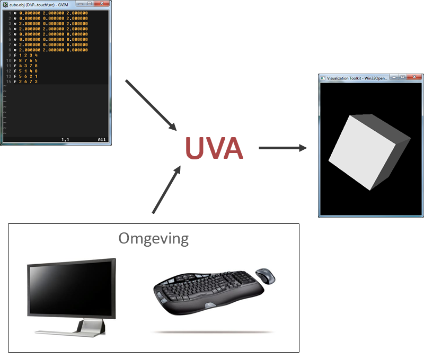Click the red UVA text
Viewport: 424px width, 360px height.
(x=214, y=148)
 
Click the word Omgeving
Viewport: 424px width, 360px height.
(x=153, y=238)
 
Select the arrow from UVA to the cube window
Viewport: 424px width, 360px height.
(x=282, y=148)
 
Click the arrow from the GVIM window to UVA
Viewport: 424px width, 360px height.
(x=151, y=105)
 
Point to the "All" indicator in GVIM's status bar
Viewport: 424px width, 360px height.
(x=102, y=139)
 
